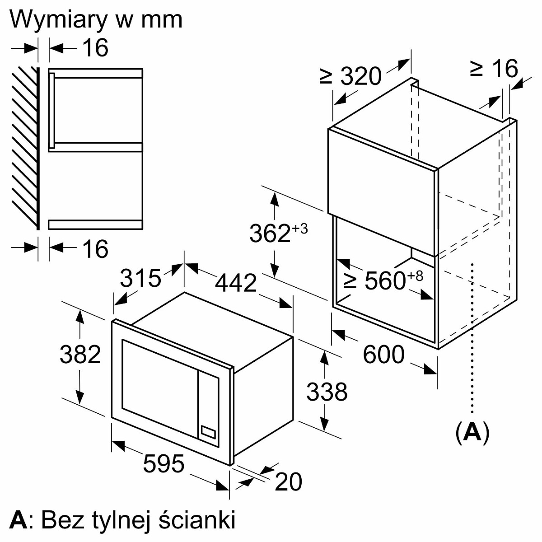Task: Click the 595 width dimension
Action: pos(164,464)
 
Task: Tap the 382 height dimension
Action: pos(80,355)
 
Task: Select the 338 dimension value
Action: pos(327,392)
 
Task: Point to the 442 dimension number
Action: pos(236,284)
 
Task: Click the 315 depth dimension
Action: pos(140,278)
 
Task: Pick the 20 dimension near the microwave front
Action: pos(288,482)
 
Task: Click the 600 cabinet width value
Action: pos(383,354)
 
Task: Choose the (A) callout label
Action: pos(472,433)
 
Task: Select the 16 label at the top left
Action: pos(96,48)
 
